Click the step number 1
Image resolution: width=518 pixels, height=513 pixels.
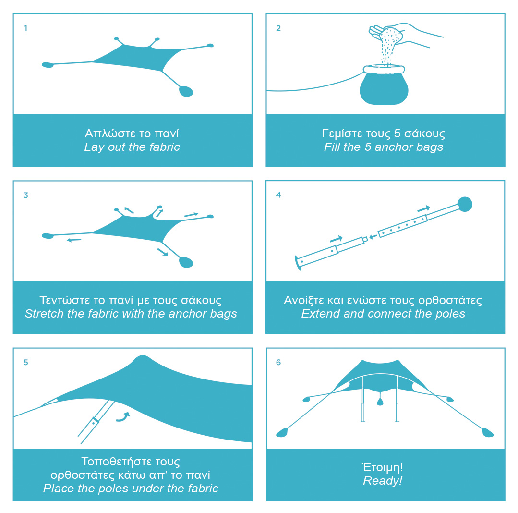pyautogui.click(x=26, y=28)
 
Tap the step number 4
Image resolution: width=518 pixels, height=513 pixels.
pyautogui.click(x=278, y=195)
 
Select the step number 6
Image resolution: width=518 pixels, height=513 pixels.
pyautogui.click(x=278, y=362)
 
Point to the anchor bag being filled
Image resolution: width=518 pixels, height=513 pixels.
pyautogui.click(x=384, y=85)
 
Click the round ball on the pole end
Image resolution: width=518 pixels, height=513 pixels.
pyautogui.click(x=465, y=204)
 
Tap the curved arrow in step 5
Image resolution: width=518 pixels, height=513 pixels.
pyautogui.click(x=123, y=417)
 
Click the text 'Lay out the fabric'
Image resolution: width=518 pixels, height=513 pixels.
pyautogui.click(x=132, y=147)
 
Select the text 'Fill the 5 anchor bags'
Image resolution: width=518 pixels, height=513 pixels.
pyautogui.click(x=384, y=147)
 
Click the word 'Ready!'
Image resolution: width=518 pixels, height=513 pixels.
pyautogui.click(x=383, y=481)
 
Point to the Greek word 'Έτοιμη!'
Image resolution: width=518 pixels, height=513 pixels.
pyautogui.click(x=383, y=467)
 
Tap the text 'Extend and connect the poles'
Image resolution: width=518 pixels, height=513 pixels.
pyautogui.click(x=383, y=313)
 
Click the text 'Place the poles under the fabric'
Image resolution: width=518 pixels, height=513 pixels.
pyautogui.click(x=131, y=488)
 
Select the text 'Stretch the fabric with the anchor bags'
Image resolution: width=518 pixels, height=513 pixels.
pyautogui.click(x=131, y=313)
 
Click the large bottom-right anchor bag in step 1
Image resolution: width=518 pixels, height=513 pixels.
pyautogui.click(x=186, y=91)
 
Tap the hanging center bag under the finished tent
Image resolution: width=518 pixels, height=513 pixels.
pyautogui.click(x=380, y=401)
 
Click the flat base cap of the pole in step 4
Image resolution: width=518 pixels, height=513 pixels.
pyautogui.click(x=298, y=263)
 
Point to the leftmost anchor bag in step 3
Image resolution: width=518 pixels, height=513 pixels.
pyautogui.click(x=48, y=236)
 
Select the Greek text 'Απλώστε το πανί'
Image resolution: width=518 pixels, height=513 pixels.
pyautogui.click(x=132, y=133)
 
